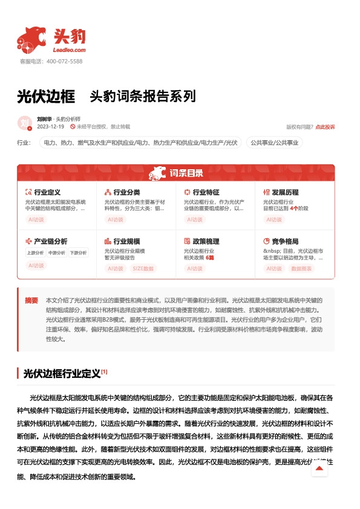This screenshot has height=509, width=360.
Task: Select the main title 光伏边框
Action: (x=46, y=96)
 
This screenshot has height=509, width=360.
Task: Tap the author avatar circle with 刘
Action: (x=25, y=123)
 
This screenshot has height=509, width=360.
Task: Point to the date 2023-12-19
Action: (x=50, y=127)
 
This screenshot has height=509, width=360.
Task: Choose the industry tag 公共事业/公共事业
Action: (x=275, y=143)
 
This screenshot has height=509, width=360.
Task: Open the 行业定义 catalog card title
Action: (x=47, y=192)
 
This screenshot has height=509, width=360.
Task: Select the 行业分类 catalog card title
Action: (x=126, y=192)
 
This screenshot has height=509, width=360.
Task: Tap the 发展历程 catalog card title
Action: (x=285, y=192)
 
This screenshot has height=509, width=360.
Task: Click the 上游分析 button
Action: (x=35, y=253)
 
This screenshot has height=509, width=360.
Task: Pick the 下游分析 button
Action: (x=77, y=253)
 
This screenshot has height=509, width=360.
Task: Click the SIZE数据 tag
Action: (x=143, y=268)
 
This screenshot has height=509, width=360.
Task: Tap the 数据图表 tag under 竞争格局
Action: (x=302, y=268)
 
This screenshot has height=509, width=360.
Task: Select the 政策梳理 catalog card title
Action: (x=206, y=241)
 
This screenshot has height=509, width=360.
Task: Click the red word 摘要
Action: (x=31, y=300)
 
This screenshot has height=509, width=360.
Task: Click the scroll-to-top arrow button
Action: (x=319, y=468)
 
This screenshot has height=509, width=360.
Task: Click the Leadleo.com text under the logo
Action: (x=70, y=50)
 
